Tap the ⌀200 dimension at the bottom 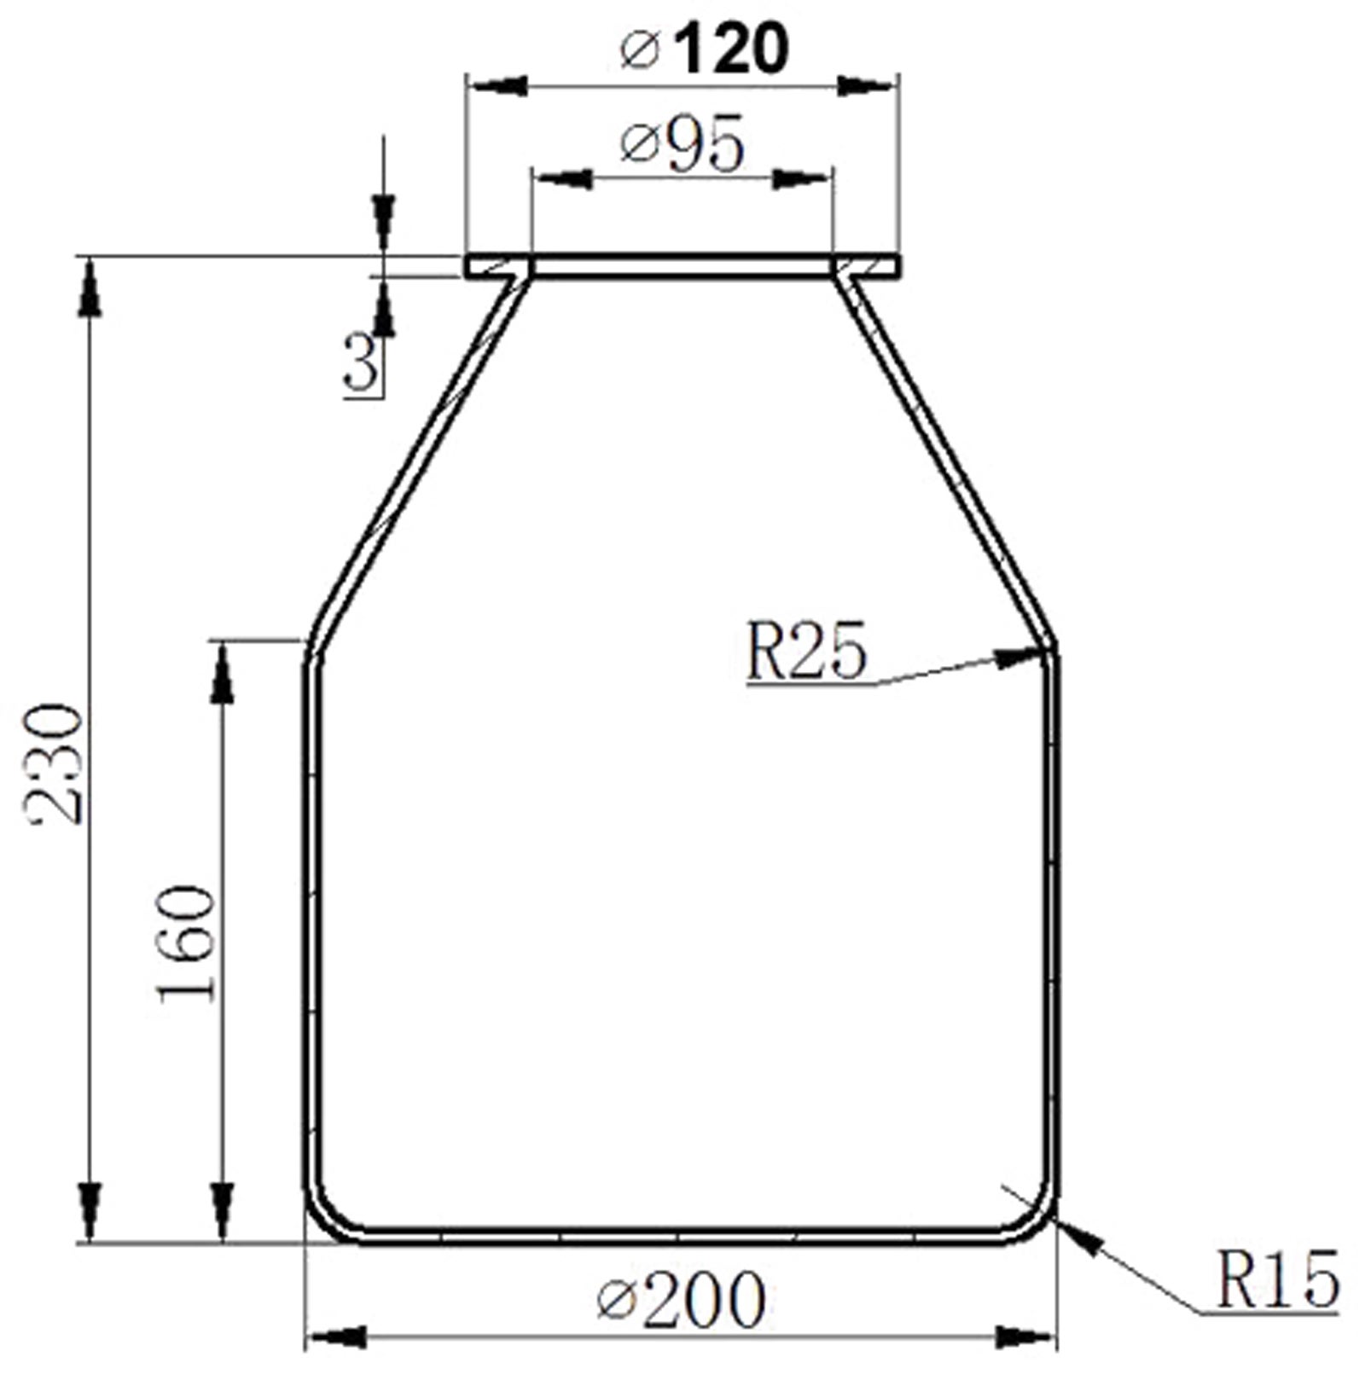point(682,1300)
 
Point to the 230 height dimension point(55,763)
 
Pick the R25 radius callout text point(805,652)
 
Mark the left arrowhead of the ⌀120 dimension point(499,86)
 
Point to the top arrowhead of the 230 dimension point(90,290)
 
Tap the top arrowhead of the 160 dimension point(223,674)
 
